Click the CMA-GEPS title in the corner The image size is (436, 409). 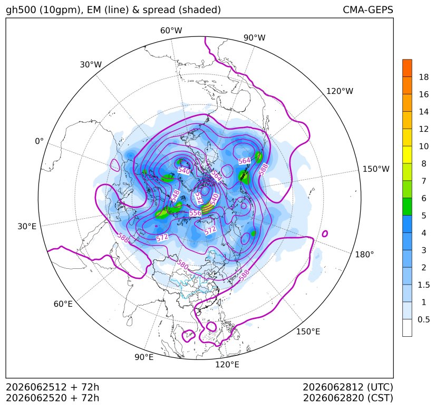[x=367, y=9]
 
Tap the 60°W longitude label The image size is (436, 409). [x=171, y=31]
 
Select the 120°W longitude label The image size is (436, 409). [x=340, y=91]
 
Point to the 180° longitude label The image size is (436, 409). [x=364, y=254]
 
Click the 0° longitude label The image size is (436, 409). [x=39, y=141]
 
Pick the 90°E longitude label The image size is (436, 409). [x=144, y=357]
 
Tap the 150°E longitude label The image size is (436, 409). [x=308, y=332]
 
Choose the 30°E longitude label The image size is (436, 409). [x=27, y=226]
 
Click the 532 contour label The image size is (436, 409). [x=199, y=198]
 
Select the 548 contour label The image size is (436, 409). [x=175, y=196]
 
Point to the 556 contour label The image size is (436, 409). [x=195, y=213]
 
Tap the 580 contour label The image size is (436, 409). [x=182, y=265]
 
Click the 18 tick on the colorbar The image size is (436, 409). [x=424, y=77]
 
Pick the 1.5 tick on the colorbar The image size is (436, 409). [x=424, y=285]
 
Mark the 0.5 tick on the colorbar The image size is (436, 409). [x=424, y=319]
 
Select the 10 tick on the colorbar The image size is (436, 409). [x=424, y=146]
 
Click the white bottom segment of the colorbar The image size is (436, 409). [x=407, y=328]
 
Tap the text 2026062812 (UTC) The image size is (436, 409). [x=348, y=387]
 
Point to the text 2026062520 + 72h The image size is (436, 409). [x=53, y=398]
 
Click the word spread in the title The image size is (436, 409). [x=159, y=11]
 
